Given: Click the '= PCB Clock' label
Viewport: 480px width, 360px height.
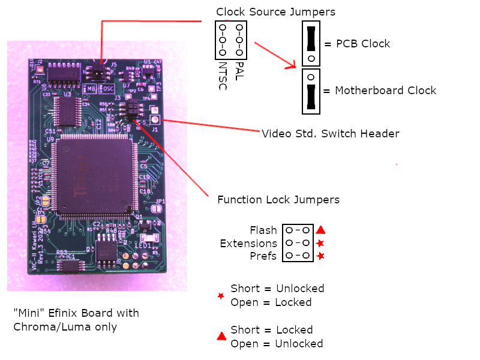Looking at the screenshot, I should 357,44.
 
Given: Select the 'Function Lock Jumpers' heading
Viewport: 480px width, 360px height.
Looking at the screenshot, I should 278,200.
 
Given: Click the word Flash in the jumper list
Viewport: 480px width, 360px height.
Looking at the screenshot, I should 263,230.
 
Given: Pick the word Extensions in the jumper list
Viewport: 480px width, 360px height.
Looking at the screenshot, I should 248,244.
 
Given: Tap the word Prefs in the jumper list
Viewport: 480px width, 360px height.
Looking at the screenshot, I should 264,257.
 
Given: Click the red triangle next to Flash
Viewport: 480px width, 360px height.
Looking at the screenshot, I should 321,230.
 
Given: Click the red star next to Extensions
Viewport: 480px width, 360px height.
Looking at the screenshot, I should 321,243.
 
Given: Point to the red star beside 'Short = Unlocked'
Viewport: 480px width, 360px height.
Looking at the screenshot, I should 221,295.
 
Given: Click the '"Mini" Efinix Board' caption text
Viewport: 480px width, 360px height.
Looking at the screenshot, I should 76,313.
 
